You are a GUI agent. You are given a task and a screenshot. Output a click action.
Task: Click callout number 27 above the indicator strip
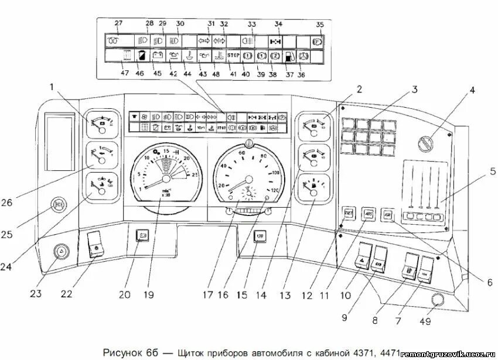pyautogui.click(x=118, y=23)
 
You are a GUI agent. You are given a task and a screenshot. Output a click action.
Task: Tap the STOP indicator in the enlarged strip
pyautogui.click(x=234, y=57)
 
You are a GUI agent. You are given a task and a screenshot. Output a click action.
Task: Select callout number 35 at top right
pyautogui.click(x=319, y=25)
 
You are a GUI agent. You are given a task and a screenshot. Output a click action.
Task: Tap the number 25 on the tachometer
pyautogui.click(x=195, y=174)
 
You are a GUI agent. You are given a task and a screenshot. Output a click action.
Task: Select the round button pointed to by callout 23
pyautogui.click(x=60, y=252)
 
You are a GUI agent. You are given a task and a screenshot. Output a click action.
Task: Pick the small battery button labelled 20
pyautogui.click(x=141, y=236)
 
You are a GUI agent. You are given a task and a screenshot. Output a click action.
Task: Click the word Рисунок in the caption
pyautogui.click(x=124, y=352)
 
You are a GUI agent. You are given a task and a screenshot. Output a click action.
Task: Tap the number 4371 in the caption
pyautogui.click(x=363, y=352)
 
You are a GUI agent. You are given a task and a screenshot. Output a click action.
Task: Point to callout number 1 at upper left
pyautogui.click(x=52, y=88)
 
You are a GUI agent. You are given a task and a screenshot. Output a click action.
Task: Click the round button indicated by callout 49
pyautogui.click(x=436, y=300)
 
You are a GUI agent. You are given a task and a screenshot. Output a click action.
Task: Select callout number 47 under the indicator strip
pyautogui.click(x=124, y=73)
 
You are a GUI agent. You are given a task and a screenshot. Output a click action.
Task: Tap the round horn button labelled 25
pyautogui.click(x=59, y=204)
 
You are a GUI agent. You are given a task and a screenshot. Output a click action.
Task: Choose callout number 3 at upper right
pyautogui.click(x=414, y=90)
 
